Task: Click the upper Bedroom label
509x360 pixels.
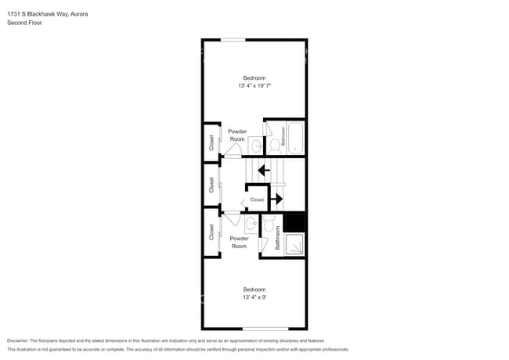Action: [254, 77]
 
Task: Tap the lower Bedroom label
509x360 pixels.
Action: [254, 290]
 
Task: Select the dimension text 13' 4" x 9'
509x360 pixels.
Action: [254, 297]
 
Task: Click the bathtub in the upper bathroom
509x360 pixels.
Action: [295, 138]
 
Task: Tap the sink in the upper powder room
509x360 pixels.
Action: [255, 145]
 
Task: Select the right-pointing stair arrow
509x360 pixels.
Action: [276, 199]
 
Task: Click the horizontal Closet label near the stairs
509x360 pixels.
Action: [257, 200]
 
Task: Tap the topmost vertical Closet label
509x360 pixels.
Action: [211, 142]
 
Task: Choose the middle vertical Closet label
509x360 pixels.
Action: [211, 185]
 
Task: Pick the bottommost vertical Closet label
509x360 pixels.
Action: [211, 232]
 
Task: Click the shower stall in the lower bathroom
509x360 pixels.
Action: [294, 244]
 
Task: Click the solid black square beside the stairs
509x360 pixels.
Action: [294, 223]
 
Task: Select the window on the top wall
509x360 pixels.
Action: [233, 40]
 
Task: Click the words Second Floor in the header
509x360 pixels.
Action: [24, 23]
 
